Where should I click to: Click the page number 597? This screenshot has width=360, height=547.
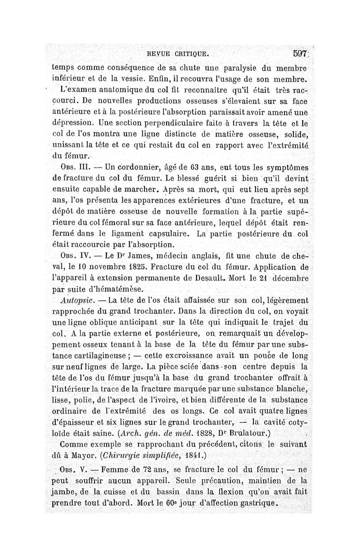tap(299, 54)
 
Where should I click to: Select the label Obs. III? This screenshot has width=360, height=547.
tap(72, 167)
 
